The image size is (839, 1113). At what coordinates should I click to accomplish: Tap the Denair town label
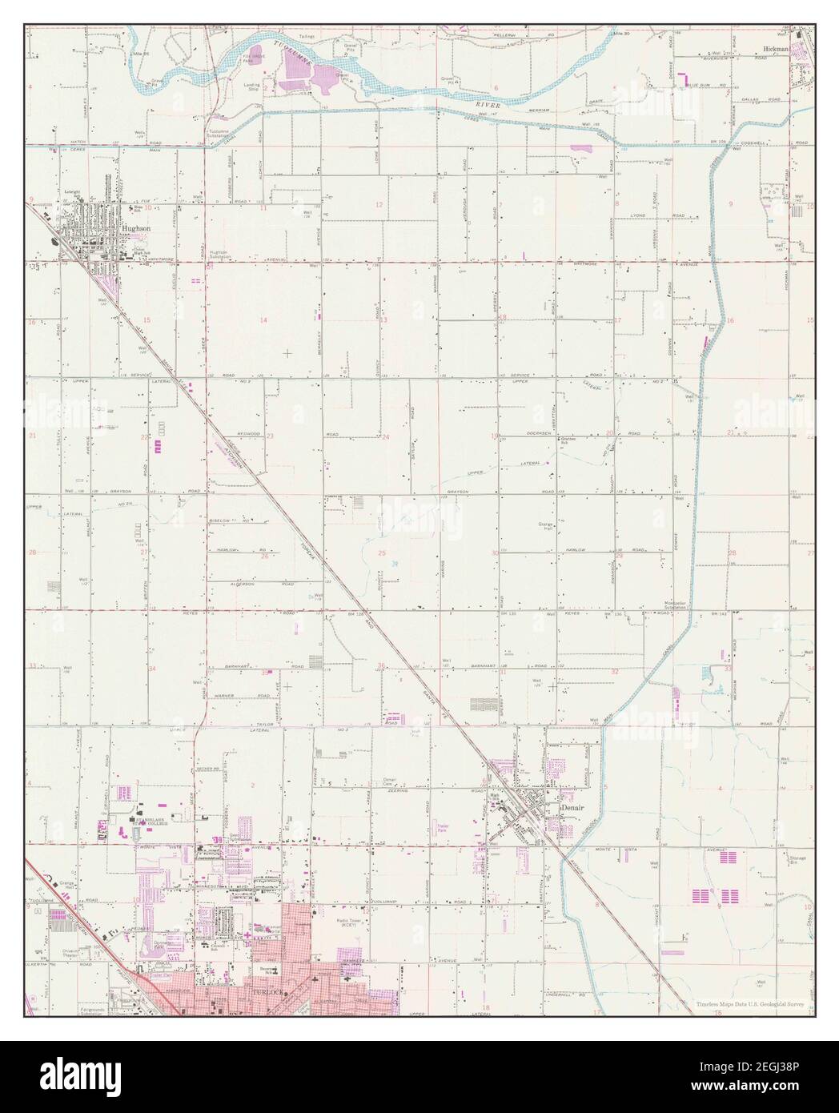(x=572, y=809)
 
